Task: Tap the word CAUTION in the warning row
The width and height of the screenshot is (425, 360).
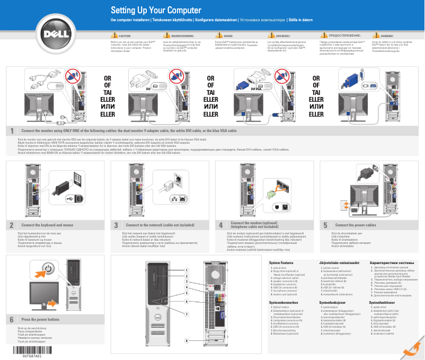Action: pos(125,36)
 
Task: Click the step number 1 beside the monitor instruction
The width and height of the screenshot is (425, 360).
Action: pos(11,130)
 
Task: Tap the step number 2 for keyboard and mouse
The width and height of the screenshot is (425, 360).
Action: pos(11,225)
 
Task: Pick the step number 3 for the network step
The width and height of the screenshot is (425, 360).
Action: pos(116,225)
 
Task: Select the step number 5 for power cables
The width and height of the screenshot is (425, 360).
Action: pos(325,225)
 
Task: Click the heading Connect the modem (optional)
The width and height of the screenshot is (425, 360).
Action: pos(254,223)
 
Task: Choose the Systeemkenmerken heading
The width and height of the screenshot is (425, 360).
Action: pos(284,302)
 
